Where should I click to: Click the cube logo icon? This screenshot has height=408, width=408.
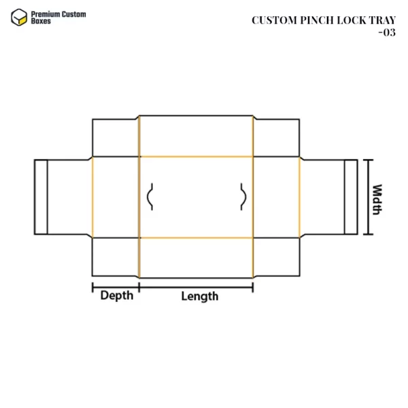pos(19,18)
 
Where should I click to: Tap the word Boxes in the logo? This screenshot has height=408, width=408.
pos(41,21)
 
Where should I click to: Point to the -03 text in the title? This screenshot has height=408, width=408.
pos(387,33)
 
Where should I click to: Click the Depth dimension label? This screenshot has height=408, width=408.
pos(117,296)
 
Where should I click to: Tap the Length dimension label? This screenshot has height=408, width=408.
pos(199,296)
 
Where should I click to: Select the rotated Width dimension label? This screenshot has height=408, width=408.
pos(377,199)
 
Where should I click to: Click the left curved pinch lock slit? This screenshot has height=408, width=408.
pos(148,197)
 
